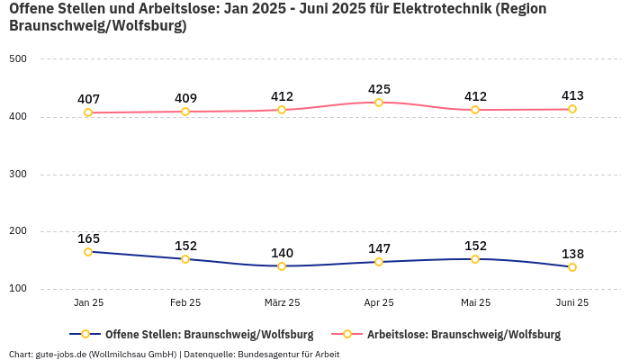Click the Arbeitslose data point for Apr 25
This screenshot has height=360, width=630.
(379, 103)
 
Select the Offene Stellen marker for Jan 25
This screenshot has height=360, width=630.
(88, 252)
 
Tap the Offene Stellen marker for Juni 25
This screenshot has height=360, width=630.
(572, 267)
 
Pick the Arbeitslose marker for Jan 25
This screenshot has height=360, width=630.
(88, 112)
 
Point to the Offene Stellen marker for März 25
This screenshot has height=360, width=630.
(282, 266)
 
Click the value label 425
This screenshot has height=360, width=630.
(379, 89)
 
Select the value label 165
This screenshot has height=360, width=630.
(88, 238)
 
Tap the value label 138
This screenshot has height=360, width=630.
(572, 254)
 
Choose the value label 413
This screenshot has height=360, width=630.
(572, 95)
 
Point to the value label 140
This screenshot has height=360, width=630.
(282, 253)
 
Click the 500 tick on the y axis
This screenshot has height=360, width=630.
(19, 59)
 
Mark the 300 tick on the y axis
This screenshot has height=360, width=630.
(19, 175)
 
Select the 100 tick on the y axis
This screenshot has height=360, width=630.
(19, 289)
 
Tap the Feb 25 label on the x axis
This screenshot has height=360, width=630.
(185, 303)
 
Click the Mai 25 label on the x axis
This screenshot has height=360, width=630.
(475, 303)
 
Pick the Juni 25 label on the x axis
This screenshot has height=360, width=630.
(572, 303)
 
